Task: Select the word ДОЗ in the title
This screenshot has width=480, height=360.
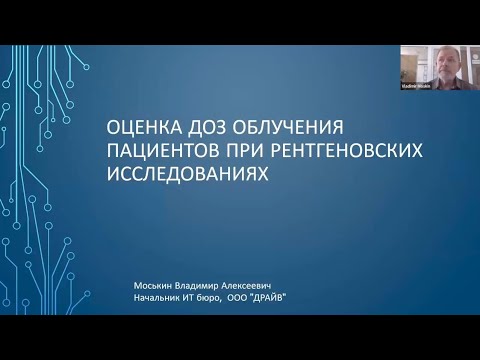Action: click(x=210, y=129)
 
